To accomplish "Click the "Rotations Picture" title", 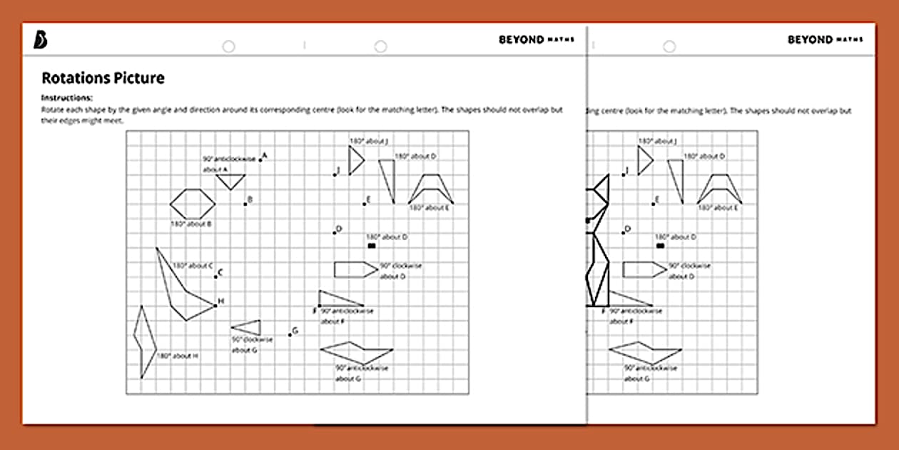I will pyautogui.click(x=103, y=78).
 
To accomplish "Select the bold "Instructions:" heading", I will pyautogui.click(x=67, y=97).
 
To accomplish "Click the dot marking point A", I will pyautogui.click(x=260, y=160).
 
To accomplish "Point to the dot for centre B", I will pyautogui.click(x=245, y=204).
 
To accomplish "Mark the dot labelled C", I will pyautogui.click(x=216, y=276).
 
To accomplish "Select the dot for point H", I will pyautogui.click(x=215, y=306).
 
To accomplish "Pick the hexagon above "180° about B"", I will pyautogui.click(x=193, y=204).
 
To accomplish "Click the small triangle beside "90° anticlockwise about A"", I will pyautogui.click(x=230, y=181).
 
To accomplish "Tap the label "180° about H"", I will pyautogui.click(x=177, y=356).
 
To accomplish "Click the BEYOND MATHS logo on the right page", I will pyautogui.click(x=824, y=40).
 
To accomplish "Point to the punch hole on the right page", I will pyautogui.click(x=669, y=46).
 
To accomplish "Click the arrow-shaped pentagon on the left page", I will pyautogui.click(x=355, y=269).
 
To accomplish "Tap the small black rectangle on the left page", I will pyautogui.click(x=371, y=246).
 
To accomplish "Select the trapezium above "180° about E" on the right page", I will pyautogui.click(x=720, y=189).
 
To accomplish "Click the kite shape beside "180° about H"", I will pyautogui.click(x=145, y=341).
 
